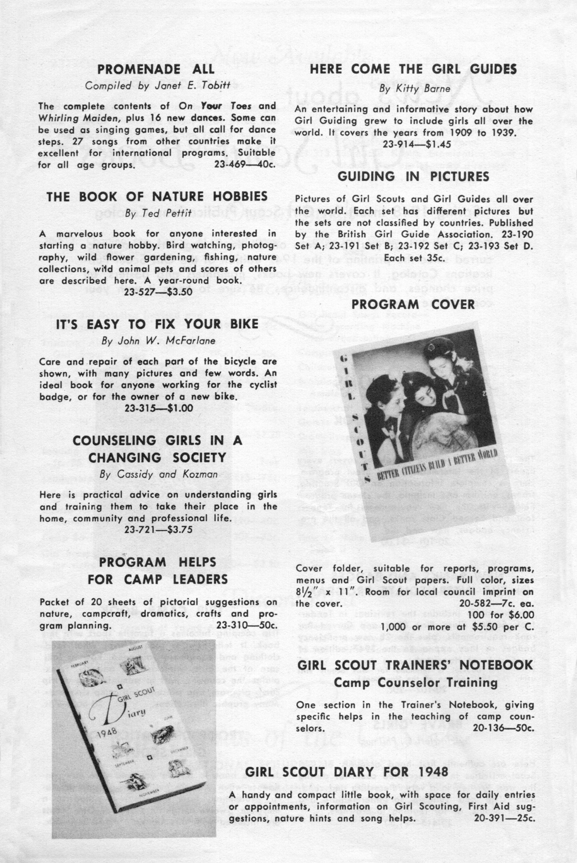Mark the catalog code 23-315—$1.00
(159, 408)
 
